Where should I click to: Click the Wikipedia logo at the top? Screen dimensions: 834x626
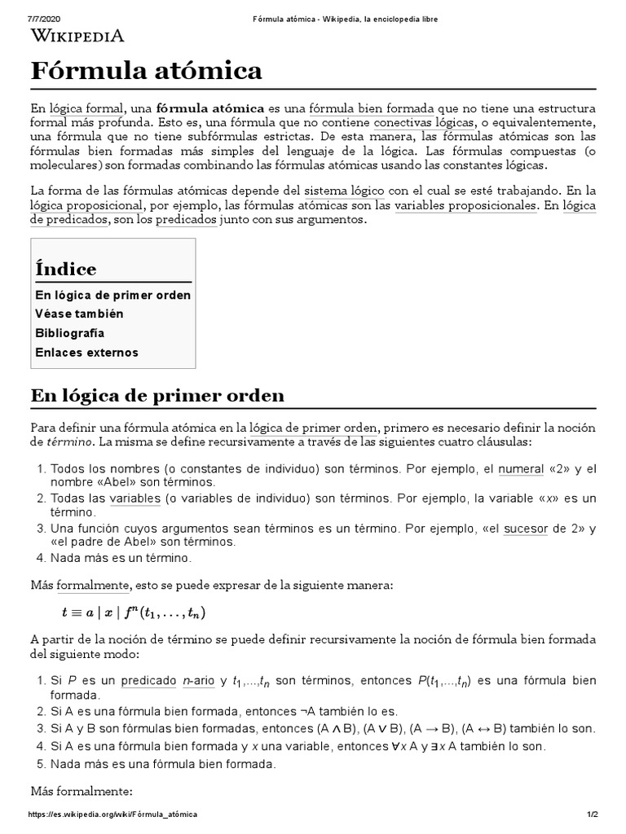(x=77, y=35)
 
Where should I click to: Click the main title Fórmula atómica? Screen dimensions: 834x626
(x=147, y=72)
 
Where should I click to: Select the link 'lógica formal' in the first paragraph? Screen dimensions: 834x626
(x=88, y=108)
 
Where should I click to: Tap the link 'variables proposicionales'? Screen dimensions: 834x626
(x=465, y=206)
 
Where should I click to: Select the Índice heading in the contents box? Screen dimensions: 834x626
(x=65, y=269)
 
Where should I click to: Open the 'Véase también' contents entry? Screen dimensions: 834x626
(x=79, y=314)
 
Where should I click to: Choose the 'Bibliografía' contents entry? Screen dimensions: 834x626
(x=70, y=333)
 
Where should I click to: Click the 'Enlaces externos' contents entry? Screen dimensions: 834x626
(x=86, y=353)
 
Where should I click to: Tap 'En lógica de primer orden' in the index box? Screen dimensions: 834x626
(x=112, y=294)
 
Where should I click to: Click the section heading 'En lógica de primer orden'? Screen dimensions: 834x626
(x=157, y=396)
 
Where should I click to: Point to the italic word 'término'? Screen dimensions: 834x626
(x=71, y=441)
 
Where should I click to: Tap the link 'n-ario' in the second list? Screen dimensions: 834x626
(x=197, y=681)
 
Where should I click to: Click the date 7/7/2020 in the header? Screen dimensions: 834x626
(x=46, y=19)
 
